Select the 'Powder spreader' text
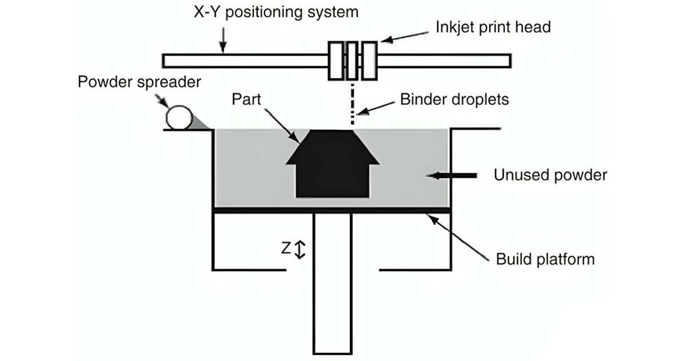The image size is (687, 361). tap(140, 82)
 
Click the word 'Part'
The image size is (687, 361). tap(247, 100)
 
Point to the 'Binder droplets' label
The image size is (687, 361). tap(455, 100)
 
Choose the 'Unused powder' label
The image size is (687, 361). tap(550, 175)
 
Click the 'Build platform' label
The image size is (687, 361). tap(545, 259)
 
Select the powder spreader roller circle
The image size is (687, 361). tap(179, 117)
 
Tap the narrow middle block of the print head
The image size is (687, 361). tap(352, 61)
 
